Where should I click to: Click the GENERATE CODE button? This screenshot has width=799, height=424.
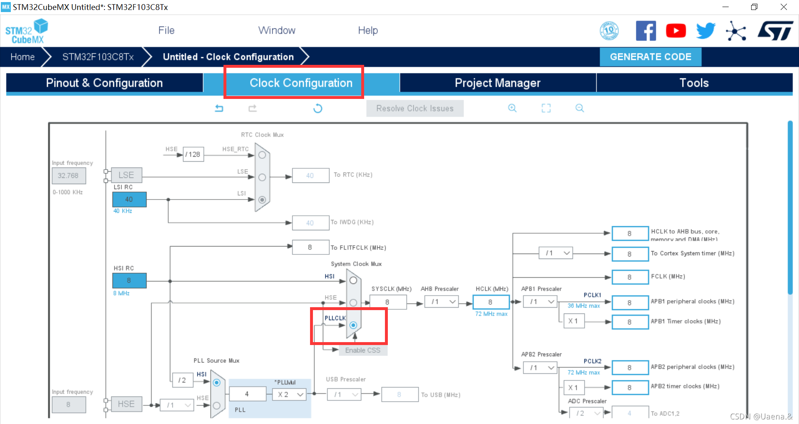tap(650, 57)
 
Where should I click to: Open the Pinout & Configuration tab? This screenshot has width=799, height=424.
tap(104, 83)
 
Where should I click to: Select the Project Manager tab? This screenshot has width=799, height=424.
tap(497, 83)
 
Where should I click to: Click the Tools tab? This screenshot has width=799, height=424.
tap(694, 83)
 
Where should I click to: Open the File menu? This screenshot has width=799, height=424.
tap(166, 30)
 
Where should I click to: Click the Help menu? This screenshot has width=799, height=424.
tap(368, 30)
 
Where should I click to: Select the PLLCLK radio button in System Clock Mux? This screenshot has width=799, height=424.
tap(353, 325)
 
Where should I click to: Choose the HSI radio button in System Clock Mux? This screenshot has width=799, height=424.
tap(353, 281)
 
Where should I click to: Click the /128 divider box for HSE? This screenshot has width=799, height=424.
tap(193, 155)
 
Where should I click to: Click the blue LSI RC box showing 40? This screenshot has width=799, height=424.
tap(129, 200)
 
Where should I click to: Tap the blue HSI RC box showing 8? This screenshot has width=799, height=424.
tap(129, 281)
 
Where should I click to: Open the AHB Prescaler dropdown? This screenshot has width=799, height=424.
tap(442, 302)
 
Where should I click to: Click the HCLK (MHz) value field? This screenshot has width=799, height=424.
tap(491, 302)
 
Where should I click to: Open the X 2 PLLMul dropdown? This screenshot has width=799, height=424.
tap(289, 394)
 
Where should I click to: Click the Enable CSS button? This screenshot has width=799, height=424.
tap(362, 350)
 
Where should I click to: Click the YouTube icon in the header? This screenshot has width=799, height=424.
tap(676, 31)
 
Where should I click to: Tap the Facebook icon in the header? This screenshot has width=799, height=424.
tap(645, 31)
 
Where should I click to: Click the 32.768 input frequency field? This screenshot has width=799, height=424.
tap(68, 175)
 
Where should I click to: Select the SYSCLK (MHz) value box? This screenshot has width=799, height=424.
tap(387, 302)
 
